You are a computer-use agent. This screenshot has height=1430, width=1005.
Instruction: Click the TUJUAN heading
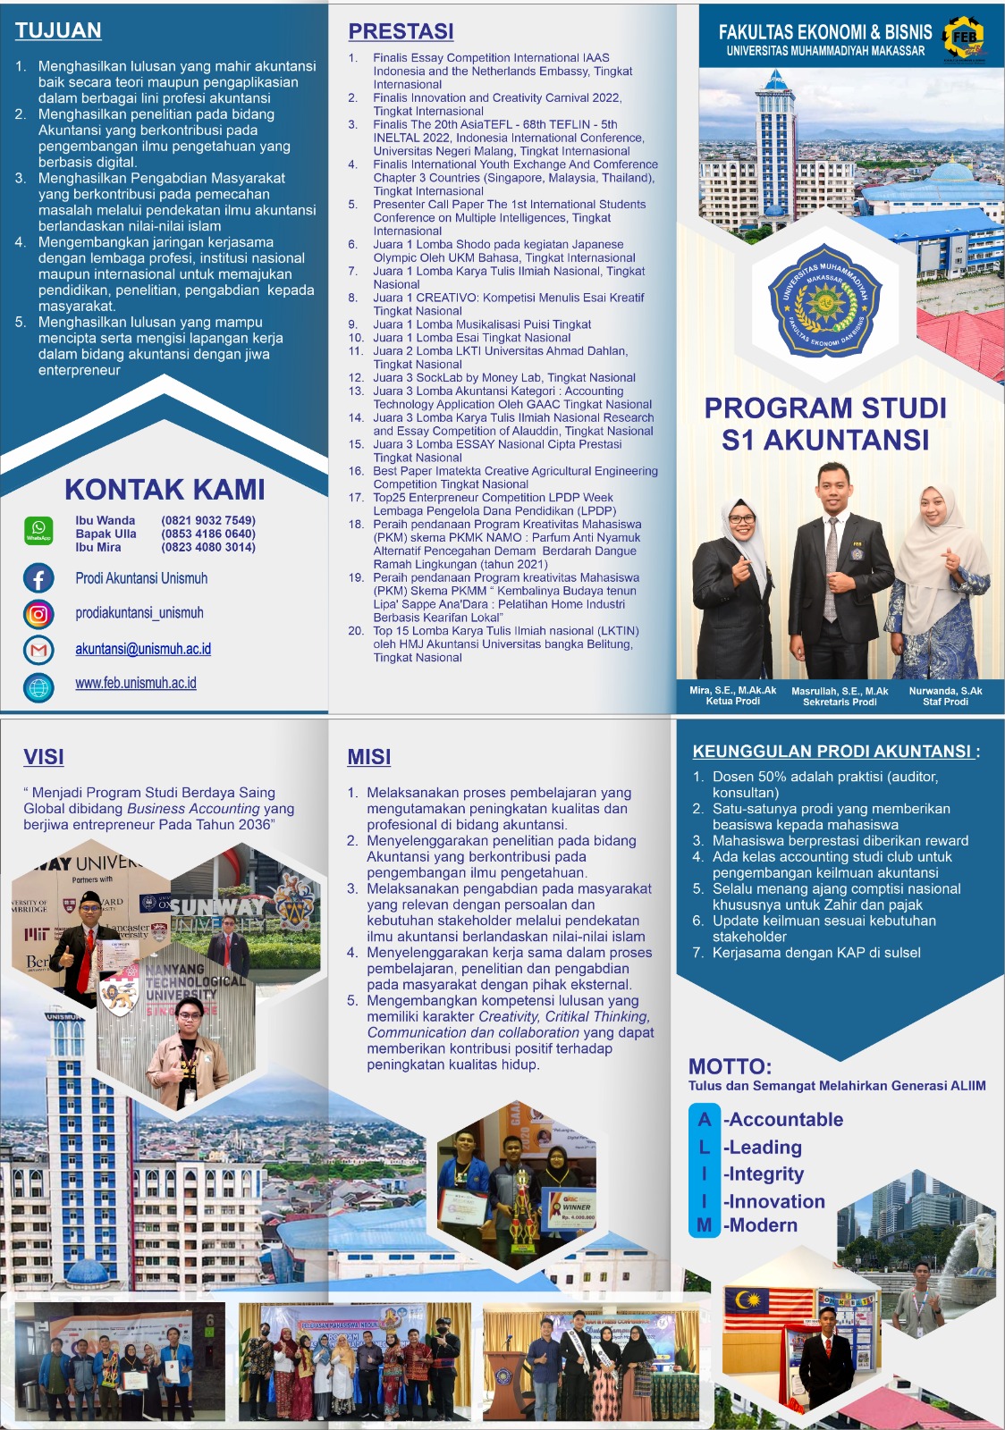tap(58, 30)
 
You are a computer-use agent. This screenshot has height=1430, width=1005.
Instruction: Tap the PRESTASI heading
tap(401, 31)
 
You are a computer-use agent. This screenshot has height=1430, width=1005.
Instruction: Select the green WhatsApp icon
tap(38, 530)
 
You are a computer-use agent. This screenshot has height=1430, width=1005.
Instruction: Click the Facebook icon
tap(38, 578)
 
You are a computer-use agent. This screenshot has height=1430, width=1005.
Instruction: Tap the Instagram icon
tap(38, 614)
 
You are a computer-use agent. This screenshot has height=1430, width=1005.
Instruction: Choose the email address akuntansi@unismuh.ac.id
tap(143, 649)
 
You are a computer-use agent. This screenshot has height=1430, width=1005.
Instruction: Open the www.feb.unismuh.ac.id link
tap(136, 683)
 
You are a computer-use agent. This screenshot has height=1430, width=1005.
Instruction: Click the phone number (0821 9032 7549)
tap(208, 520)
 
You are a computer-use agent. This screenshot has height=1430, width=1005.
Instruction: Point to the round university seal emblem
tap(824, 300)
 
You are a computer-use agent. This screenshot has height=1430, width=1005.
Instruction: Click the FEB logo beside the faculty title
tap(964, 38)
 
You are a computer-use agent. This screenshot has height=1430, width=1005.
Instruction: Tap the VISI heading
tap(44, 757)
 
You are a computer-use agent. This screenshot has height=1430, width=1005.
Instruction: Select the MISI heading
tap(369, 757)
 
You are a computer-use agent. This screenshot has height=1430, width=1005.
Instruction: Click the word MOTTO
tap(730, 1066)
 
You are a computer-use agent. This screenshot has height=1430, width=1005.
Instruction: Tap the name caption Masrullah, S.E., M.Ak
tap(840, 691)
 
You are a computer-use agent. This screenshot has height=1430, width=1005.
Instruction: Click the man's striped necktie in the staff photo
tap(832, 572)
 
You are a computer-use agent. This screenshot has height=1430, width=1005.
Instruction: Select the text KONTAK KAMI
tap(165, 490)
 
